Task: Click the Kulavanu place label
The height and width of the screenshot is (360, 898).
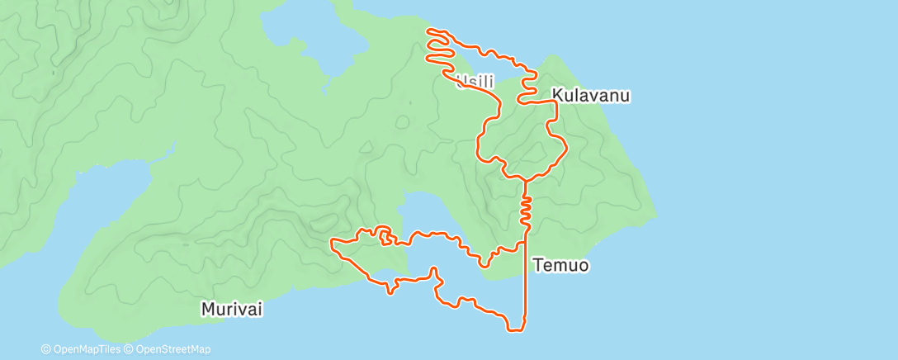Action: click(x=591, y=96)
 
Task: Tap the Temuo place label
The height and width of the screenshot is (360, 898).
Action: click(x=560, y=266)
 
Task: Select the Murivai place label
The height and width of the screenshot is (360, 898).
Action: click(x=232, y=309)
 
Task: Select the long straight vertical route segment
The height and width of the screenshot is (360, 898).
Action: click(x=526, y=281)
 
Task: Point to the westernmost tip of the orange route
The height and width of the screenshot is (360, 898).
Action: click(x=331, y=243)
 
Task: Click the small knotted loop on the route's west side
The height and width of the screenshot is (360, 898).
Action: click(x=385, y=238)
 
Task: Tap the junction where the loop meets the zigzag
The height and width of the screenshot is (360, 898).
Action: click(x=524, y=179)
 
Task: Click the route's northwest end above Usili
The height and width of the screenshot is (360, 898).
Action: click(x=428, y=31)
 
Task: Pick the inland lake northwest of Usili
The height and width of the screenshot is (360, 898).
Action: click(x=318, y=45)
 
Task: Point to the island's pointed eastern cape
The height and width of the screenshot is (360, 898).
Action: click(x=654, y=216)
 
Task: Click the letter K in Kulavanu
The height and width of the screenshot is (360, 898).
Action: click(x=556, y=96)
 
